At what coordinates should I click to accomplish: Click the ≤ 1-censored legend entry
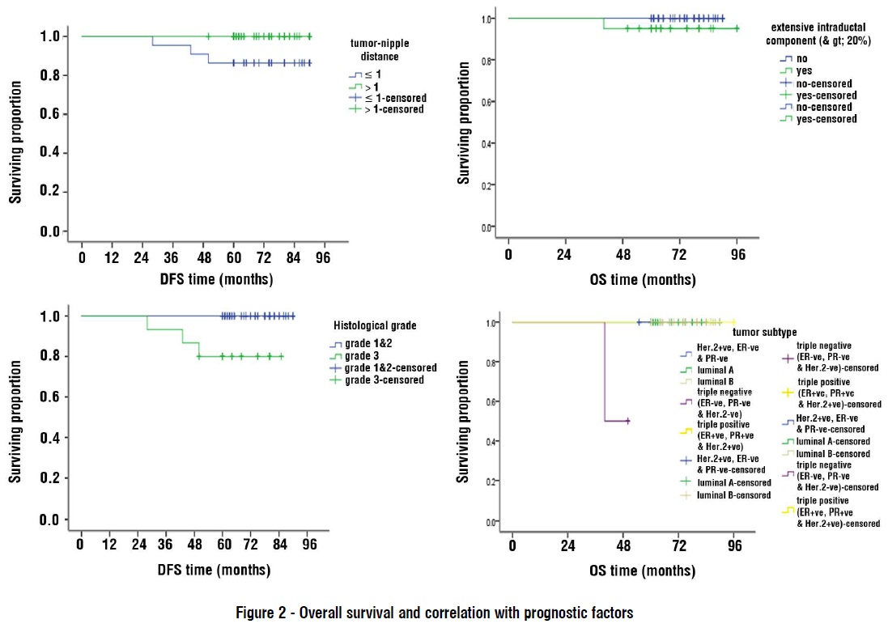[392, 97]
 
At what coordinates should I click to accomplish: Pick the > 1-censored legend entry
[392, 108]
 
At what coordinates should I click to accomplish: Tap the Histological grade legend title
[375, 325]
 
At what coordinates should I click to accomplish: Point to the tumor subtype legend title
[764, 332]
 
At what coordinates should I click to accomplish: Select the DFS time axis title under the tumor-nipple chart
[215, 279]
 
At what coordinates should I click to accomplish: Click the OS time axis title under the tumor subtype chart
[643, 570]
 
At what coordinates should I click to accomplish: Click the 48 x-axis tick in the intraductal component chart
[623, 252]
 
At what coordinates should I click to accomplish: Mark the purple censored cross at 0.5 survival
[627, 421]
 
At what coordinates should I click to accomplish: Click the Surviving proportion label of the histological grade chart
[15, 418]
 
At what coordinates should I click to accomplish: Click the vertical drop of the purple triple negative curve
[605, 372]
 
